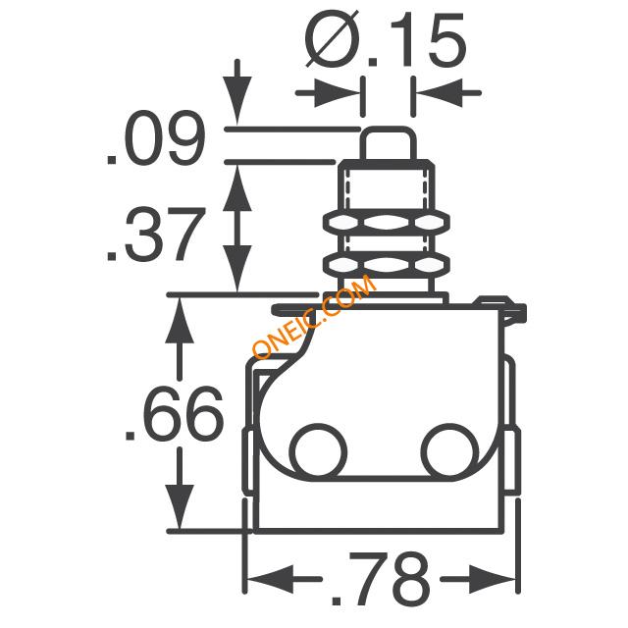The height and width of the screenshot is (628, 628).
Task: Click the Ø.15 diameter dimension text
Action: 386,39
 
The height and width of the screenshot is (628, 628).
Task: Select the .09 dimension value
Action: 156,137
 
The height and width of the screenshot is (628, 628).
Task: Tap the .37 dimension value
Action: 156,234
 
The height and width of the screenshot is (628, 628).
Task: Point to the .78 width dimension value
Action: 381,578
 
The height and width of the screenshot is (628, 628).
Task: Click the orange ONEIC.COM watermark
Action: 315,317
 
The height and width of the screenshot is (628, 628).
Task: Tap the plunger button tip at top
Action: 389,143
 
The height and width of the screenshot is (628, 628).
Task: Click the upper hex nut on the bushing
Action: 387,222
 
